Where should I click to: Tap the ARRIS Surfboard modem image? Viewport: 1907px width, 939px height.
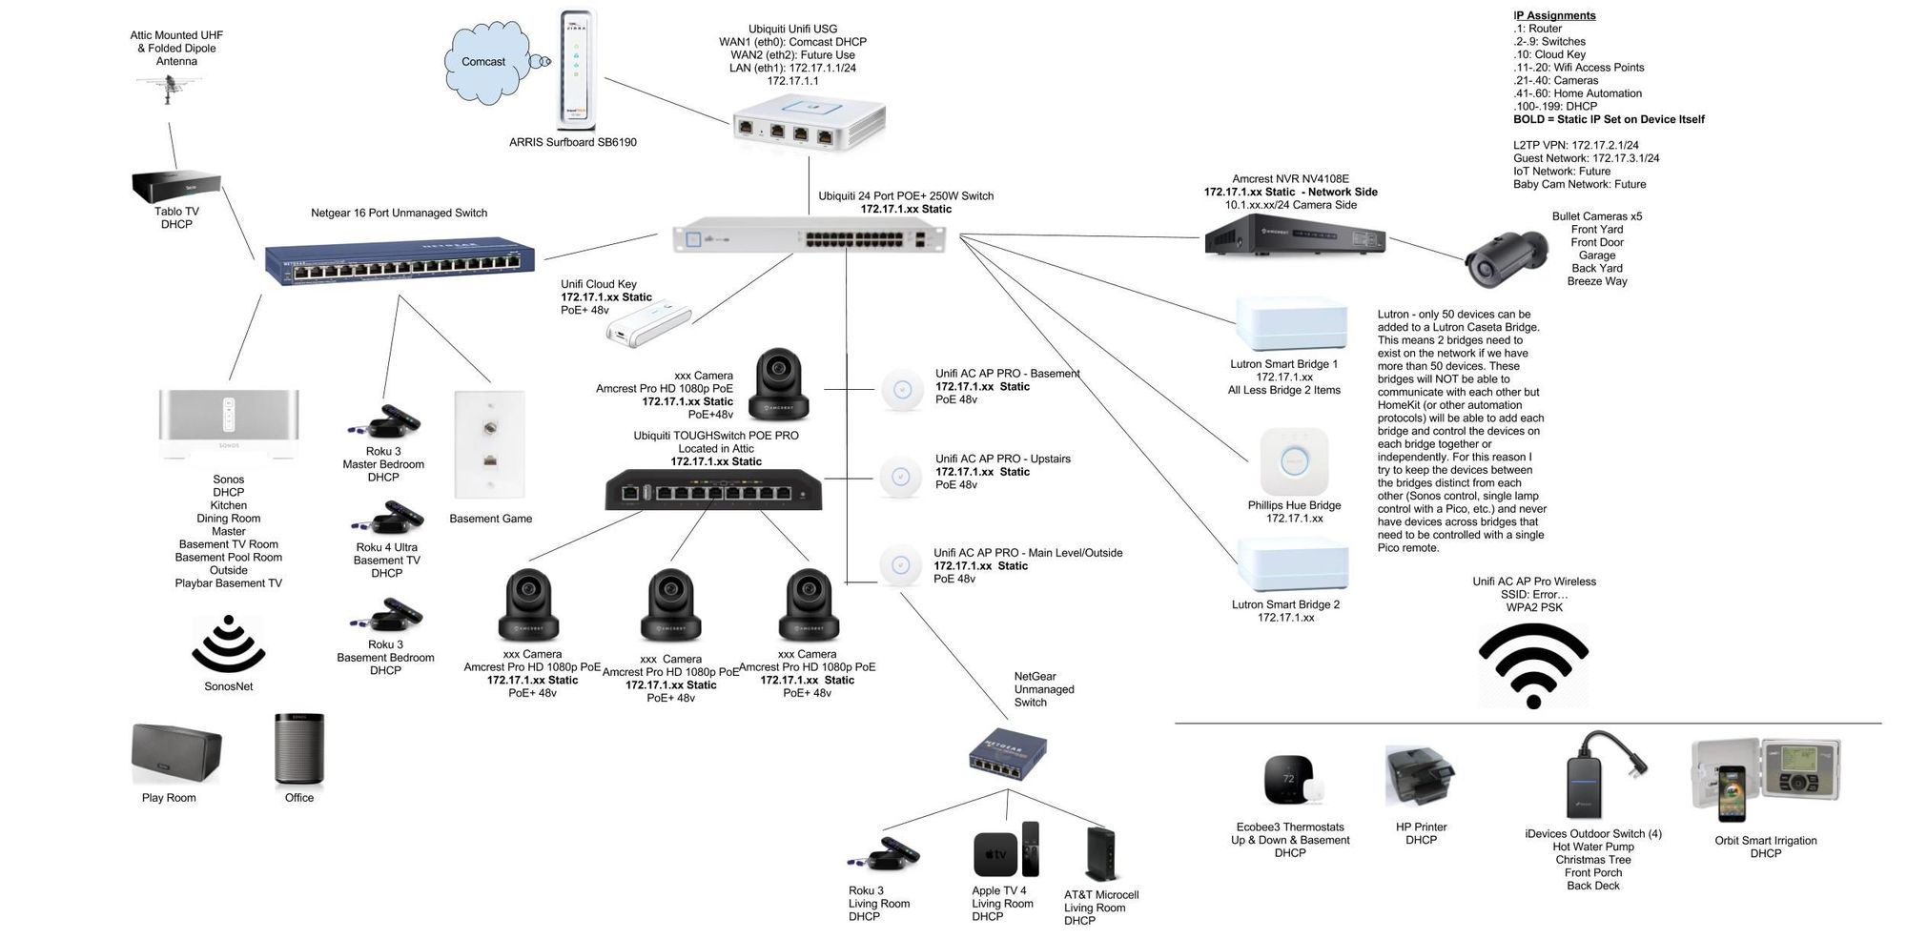(x=576, y=70)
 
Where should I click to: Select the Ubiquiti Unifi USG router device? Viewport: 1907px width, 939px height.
(x=810, y=121)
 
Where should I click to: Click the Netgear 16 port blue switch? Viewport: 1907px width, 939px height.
(x=400, y=260)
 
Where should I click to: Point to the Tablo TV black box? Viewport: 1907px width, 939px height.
(x=176, y=187)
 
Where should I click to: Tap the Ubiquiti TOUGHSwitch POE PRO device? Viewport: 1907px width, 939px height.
(x=713, y=490)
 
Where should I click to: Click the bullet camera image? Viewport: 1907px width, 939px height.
(x=1506, y=258)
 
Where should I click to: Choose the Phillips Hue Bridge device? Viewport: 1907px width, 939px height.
(x=1294, y=462)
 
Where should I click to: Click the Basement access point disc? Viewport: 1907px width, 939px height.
(x=902, y=389)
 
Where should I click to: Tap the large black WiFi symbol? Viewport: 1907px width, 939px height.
(x=1533, y=665)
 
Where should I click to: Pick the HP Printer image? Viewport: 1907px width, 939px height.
(x=1420, y=777)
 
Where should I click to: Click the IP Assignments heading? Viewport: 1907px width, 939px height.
(x=1554, y=15)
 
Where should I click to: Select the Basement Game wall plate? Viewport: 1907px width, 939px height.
(x=489, y=444)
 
